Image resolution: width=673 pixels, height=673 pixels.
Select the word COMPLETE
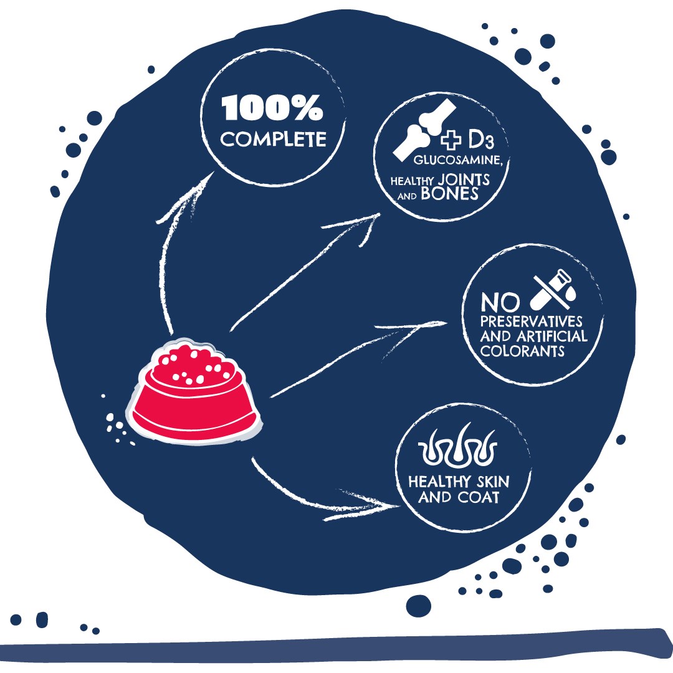pos(273,138)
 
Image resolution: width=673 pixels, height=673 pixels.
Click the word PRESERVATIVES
pos(532,322)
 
